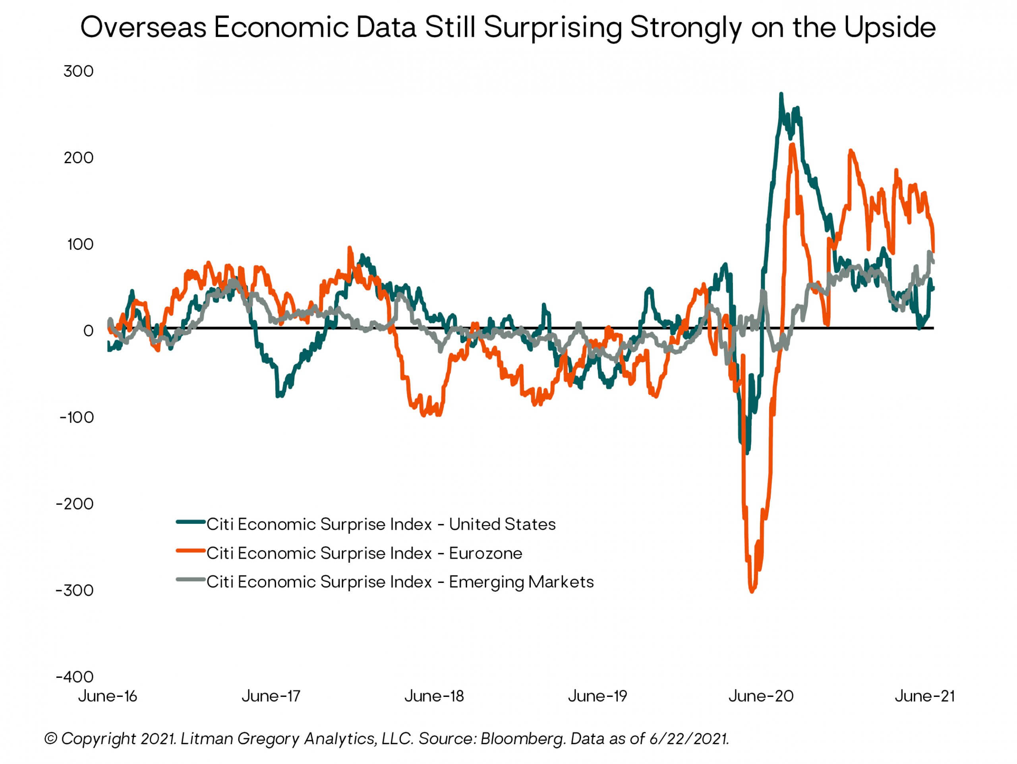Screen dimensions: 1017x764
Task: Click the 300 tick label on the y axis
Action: point(79,71)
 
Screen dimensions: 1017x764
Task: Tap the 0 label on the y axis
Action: point(88,331)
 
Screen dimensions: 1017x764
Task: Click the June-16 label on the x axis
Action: point(108,696)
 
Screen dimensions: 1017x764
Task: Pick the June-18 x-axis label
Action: point(434,696)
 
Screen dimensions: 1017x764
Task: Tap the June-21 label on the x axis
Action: point(924,696)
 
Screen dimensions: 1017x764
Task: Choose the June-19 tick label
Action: point(598,696)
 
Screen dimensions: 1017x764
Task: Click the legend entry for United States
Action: point(381,525)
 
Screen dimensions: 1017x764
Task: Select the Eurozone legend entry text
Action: point(364,554)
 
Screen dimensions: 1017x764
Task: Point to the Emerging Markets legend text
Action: point(400,583)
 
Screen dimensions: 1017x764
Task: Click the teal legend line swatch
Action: point(190,522)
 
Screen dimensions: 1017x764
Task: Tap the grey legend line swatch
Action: point(190,580)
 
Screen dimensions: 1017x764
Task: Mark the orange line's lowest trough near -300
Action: point(752,592)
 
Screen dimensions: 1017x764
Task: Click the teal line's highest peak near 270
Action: point(781,95)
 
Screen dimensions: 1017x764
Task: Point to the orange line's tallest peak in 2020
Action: point(792,145)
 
